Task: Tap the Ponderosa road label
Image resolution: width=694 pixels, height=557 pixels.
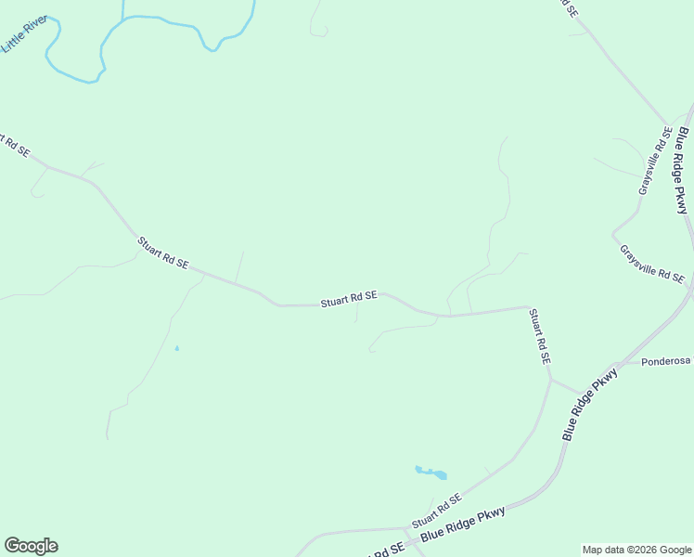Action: tap(667, 361)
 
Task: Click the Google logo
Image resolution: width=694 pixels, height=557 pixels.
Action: tap(31, 546)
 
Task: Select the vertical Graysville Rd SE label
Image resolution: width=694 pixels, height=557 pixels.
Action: tap(653, 162)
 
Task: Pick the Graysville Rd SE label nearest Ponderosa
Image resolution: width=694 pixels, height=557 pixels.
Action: tap(651, 264)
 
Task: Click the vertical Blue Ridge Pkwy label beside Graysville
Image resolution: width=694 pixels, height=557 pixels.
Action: tap(684, 171)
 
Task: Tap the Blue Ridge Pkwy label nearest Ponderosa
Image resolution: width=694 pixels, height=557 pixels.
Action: tap(589, 404)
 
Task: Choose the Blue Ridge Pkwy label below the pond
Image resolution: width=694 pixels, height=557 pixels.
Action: tap(462, 525)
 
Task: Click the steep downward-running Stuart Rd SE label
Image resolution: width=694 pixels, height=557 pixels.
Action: tap(541, 336)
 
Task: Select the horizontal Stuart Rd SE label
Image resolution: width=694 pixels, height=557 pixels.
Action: tap(349, 299)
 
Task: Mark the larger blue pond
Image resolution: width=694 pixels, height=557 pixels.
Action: tap(431, 473)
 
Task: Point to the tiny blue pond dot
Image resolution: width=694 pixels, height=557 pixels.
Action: tap(176, 349)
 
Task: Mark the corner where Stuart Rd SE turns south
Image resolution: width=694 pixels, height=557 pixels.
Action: tap(528, 307)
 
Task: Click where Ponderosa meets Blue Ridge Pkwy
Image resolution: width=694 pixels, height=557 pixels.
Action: tap(619, 363)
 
